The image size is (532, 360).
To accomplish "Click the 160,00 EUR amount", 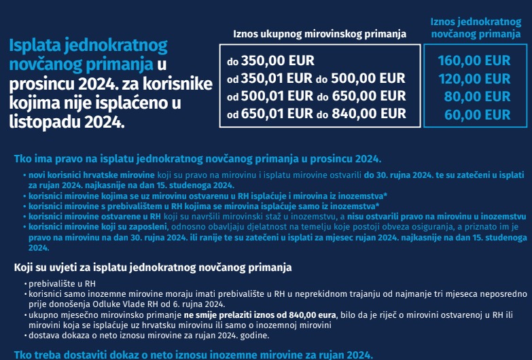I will pos(474,61).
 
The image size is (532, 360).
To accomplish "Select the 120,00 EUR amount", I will pos(474,79).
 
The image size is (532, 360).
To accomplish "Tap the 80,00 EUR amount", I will pos(477,96).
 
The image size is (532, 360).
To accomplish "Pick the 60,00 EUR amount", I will pos(477,114).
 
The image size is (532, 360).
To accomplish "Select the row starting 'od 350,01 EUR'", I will pos(315,79).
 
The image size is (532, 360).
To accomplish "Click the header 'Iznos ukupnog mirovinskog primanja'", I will pos(319,33).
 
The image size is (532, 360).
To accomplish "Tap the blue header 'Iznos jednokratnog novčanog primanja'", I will pos(475,28).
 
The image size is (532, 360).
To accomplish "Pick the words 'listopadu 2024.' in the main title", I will pos(67,123).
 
